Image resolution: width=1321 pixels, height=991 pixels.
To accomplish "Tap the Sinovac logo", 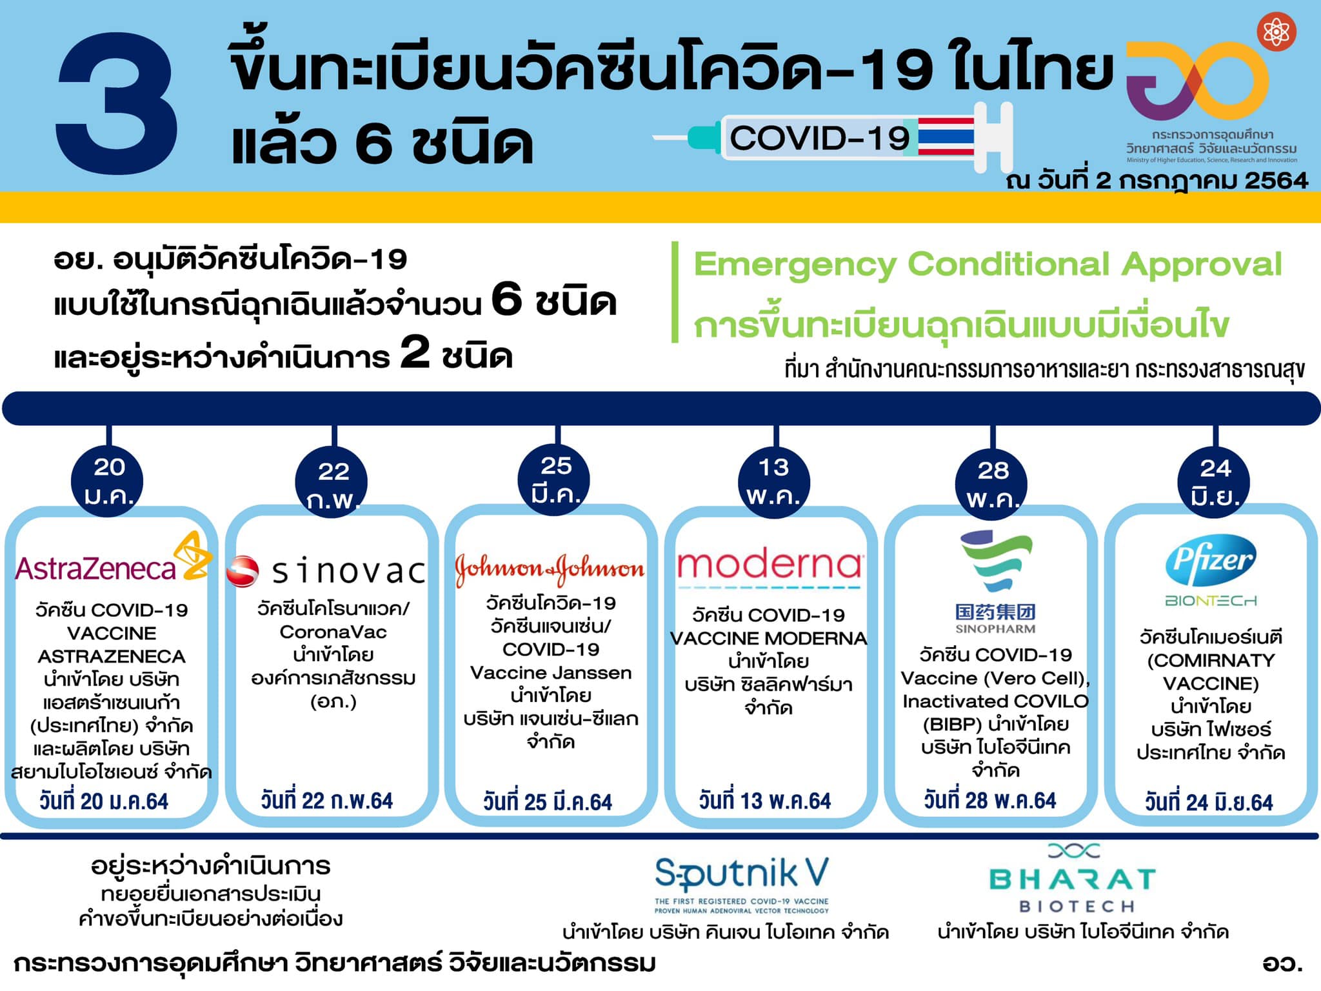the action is (x=326, y=571).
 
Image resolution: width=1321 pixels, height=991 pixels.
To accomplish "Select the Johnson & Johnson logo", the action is (x=550, y=569).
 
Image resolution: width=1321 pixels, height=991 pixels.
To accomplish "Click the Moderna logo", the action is (x=770, y=568).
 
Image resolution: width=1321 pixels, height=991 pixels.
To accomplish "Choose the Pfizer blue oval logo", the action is (x=1210, y=559).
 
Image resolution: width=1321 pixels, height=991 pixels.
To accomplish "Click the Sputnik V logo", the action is (x=742, y=885).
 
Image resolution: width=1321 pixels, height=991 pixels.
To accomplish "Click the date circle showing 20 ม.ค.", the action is (x=108, y=481).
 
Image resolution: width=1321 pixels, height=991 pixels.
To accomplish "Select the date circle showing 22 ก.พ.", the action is (x=332, y=483).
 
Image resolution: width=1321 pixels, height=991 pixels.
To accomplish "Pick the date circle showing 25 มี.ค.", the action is (x=555, y=481).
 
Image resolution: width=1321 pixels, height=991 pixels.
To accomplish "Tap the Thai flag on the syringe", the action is (x=946, y=136).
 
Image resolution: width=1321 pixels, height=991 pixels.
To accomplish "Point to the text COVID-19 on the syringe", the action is (x=820, y=138).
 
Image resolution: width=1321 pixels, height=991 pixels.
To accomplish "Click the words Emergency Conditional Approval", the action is (x=988, y=264).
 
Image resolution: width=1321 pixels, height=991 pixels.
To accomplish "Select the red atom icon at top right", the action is (x=1276, y=32).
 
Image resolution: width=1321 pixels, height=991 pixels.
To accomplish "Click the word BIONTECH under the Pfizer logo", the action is (x=1211, y=601).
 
